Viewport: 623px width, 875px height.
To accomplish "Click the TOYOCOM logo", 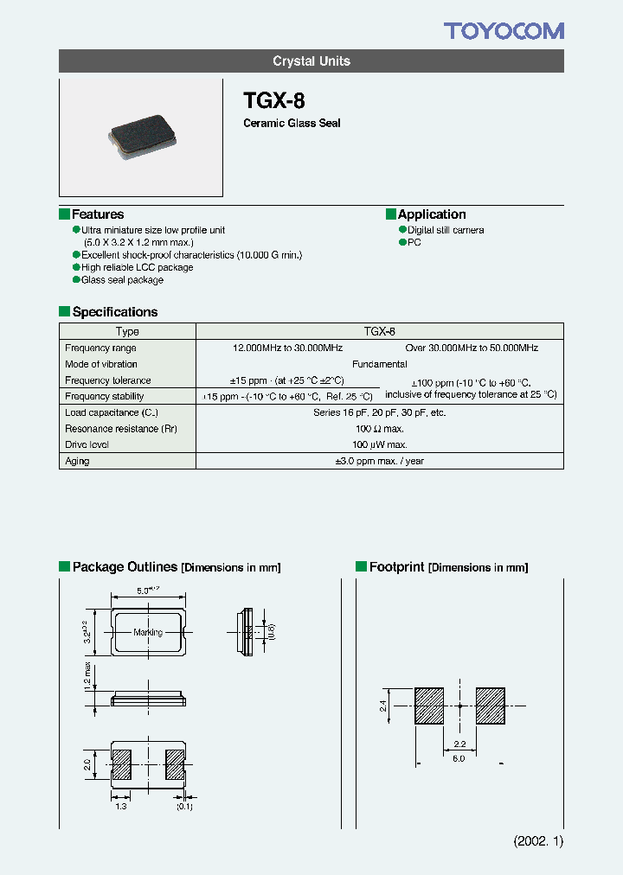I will pos(504,31).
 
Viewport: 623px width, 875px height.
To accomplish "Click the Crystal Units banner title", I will pos(311,61).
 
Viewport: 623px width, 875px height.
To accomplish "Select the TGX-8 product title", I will pos(274,99).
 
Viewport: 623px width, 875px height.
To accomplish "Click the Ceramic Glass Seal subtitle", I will pos(292,124).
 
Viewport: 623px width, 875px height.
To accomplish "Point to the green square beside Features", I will pos(64,214).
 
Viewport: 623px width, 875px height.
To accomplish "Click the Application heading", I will pos(432,214).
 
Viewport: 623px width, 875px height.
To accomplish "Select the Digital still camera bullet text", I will pos(446,230).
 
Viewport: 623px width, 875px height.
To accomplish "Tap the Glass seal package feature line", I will pos(122,280).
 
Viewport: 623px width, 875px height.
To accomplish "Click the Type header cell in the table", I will pos(127,331).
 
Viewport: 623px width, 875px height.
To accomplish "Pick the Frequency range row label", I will pos(100,348).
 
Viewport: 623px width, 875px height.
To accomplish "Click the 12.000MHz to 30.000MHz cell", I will pos(288,348).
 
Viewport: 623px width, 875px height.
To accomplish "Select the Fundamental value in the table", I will pos(379,364).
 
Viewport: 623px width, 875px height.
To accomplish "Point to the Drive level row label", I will pos(87,444).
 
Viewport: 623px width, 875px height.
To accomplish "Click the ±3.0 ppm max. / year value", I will pos(379,461).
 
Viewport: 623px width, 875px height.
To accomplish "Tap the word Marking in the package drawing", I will pos(148,632).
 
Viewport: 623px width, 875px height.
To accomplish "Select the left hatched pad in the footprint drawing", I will pos(429,706).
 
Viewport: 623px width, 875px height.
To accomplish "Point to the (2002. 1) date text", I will pos(538,841).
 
